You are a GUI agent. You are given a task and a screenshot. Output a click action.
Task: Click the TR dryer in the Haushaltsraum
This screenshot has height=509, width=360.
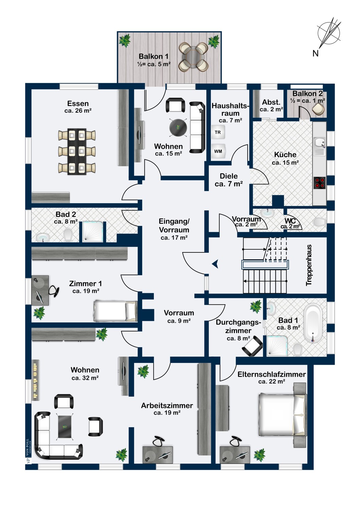(x=218, y=132)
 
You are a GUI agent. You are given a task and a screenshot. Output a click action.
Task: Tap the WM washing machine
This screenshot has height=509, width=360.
(x=218, y=151)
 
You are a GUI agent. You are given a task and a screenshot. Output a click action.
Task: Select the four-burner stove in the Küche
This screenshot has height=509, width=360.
(x=319, y=183)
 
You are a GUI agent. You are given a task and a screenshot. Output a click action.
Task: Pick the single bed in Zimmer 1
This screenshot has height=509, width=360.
(x=115, y=311)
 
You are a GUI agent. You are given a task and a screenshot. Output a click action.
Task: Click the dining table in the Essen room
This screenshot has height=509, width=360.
(x=77, y=152)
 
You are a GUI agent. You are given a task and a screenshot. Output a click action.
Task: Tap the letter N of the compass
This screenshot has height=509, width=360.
(x=315, y=53)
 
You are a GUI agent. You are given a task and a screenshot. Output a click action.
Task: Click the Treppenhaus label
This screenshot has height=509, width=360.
(x=309, y=265)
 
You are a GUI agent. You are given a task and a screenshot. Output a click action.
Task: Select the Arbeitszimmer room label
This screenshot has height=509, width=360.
(x=167, y=406)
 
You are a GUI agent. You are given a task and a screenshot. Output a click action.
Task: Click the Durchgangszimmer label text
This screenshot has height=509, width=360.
(x=238, y=326)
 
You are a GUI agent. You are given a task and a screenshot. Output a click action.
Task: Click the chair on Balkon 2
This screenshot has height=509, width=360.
(x=318, y=109)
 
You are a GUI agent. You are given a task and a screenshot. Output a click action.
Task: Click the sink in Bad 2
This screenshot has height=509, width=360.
(x=43, y=238)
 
